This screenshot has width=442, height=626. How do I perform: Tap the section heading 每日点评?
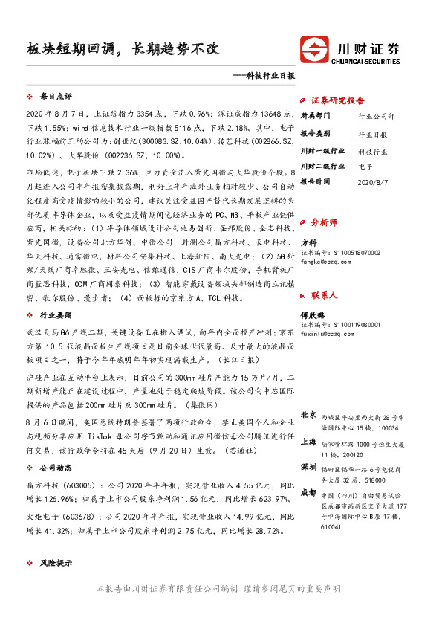[55, 97]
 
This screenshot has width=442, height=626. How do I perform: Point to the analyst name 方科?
[308, 242]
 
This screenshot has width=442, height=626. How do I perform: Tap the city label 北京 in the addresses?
[308, 414]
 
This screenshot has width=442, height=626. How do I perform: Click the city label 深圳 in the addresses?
[308, 467]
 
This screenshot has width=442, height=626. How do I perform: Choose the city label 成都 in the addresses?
[308, 492]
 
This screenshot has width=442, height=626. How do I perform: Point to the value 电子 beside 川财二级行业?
[365, 167]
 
